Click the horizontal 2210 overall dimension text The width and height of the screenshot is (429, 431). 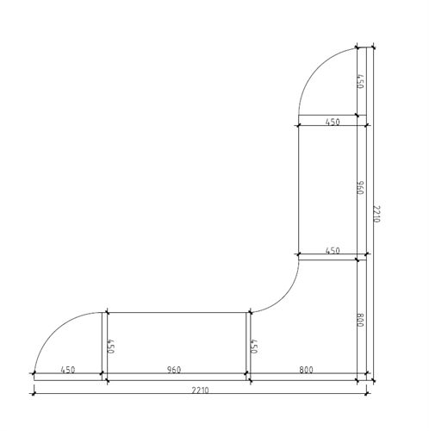[200, 390]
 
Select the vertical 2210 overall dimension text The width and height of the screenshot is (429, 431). [376, 214]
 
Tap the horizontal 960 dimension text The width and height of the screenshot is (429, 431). [174, 370]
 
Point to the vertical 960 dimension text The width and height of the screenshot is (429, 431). [360, 188]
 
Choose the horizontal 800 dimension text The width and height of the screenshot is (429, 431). [306, 370]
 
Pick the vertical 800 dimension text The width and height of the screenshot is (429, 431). [360, 320]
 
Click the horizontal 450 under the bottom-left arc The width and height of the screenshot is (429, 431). [68, 370]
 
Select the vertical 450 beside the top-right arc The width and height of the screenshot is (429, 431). [360, 81]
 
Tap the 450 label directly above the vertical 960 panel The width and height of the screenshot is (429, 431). [333, 122]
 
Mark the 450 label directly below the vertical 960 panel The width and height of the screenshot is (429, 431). [333, 251]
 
